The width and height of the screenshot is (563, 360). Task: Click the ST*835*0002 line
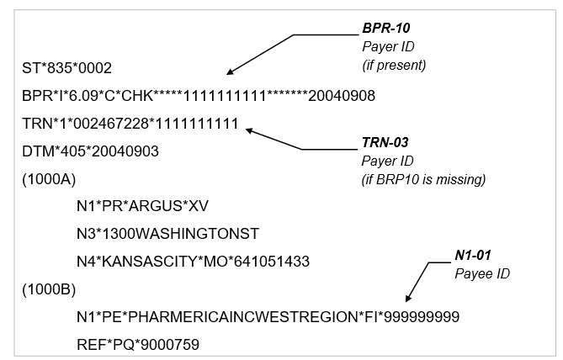click(x=66, y=67)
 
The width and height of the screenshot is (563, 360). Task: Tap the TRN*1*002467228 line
click(x=130, y=124)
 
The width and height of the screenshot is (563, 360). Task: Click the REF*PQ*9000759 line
click(x=135, y=345)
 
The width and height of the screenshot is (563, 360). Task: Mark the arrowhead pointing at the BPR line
click(x=230, y=73)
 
